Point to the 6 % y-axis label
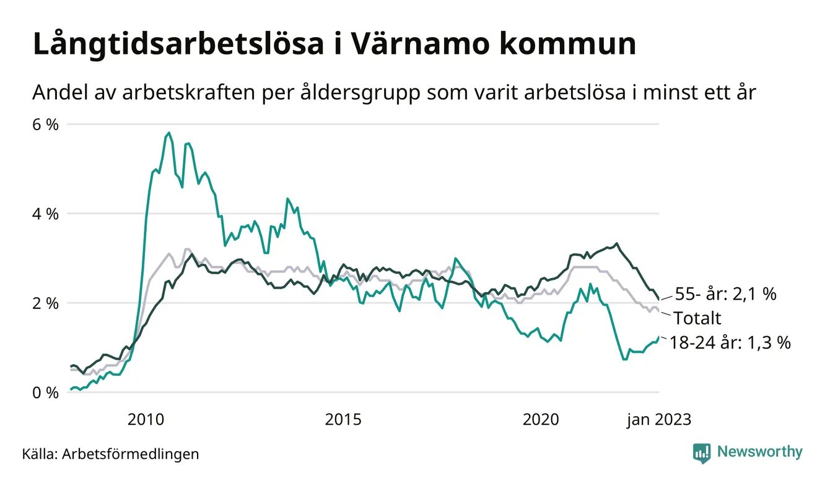[x=45, y=124]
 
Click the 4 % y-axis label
[x=45, y=214]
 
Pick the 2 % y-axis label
[x=45, y=303]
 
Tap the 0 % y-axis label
[x=45, y=393]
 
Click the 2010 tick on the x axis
[x=146, y=420]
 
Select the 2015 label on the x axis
[x=344, y=420]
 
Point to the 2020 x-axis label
[x=541, y=420]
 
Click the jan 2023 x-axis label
[x=658, y=420]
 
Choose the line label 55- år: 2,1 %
[x=725, y=294]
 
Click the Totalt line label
[x=697, y=319]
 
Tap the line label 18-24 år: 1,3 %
[x=730, y=342]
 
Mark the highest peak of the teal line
[x=169, y=133]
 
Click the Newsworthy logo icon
[x=702, y=453]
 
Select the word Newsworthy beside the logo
[x=759, y=452]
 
